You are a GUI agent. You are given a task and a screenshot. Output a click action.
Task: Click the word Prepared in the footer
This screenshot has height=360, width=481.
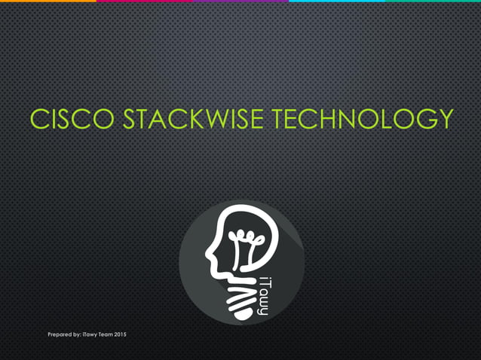point(59,333)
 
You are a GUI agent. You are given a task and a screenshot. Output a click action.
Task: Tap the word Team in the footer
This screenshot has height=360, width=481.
point(102,333)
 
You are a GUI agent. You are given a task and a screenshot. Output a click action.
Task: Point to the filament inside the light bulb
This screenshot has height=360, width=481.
point(242,245)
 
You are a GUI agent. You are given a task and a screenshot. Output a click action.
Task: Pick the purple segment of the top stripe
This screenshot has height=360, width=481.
point(241,2)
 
